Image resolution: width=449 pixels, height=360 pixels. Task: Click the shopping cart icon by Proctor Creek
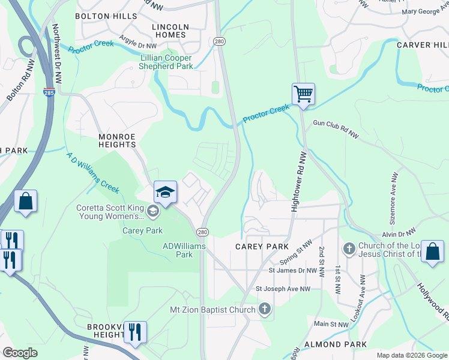tap(304, 94)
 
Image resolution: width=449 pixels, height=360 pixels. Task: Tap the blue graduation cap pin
tap(165, 192)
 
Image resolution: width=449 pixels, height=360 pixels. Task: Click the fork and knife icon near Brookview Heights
tap(135, 332)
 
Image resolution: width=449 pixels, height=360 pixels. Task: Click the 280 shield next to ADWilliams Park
tap(203, 232)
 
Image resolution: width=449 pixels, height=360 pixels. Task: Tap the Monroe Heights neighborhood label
tap(117, 140)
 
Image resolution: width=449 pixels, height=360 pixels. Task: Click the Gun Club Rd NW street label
tap(335, 130)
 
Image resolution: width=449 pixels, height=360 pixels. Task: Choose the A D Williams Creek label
tap(93, 170)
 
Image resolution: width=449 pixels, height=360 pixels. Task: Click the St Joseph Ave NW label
tap(283, 289)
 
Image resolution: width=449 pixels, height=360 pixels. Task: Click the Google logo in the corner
tap(20, 353)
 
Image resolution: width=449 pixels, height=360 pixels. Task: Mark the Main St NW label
tap(331, 324)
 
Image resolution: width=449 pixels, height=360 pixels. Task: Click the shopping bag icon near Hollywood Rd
tap(432, 251)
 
